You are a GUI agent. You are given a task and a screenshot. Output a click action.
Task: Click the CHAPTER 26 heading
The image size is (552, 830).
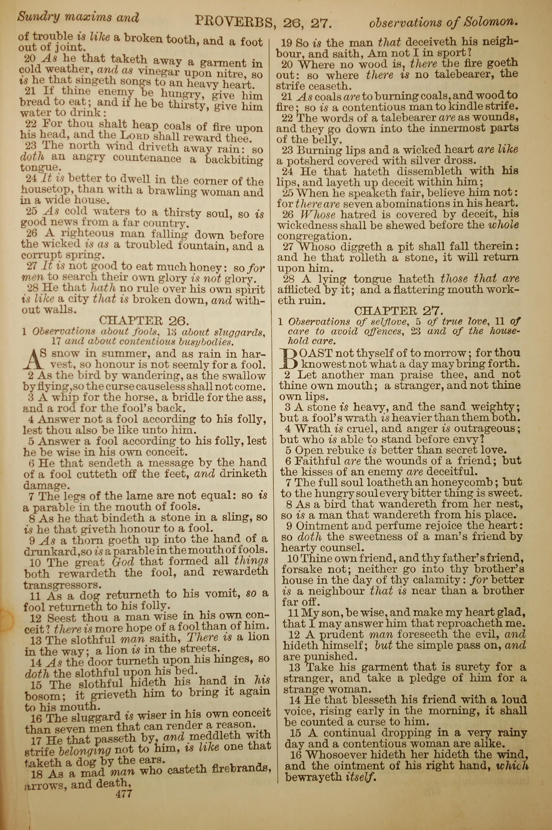(x=144, y=320)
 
